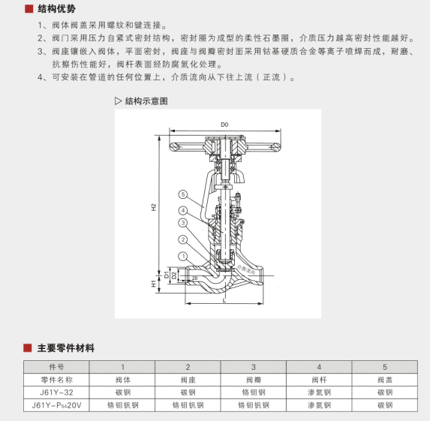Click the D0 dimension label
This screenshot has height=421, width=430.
(x=224, y=124)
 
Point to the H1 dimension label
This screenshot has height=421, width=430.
(x=153, y=284)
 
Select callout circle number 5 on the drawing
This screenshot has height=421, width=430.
(x=182, y=194)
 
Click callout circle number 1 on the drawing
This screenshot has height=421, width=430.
(x=182, y=256)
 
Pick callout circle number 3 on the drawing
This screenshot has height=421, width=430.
(x=182, y=223)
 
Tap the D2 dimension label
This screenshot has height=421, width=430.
(x=173, y=276)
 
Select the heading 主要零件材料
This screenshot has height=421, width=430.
(x=66, y=348)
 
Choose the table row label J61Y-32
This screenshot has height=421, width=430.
(x=57, y=392)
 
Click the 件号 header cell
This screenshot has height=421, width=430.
(x=57, y=366)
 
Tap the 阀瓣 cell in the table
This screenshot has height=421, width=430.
(x=253, y=379)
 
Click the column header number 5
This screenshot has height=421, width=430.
(x=384, y=366)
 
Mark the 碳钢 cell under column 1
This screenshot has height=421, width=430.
(x=122, y=392)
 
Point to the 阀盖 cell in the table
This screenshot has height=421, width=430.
(x=384, y=379)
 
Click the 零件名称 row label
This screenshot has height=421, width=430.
(x=57, y=379)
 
